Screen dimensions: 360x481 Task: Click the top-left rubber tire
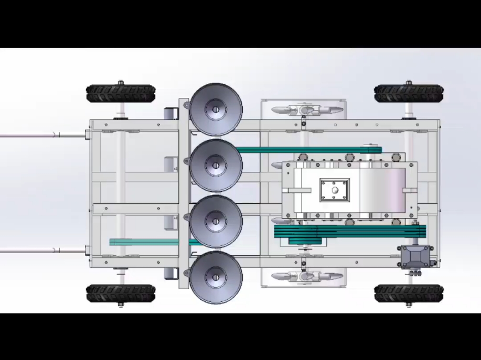(x=120, y=94)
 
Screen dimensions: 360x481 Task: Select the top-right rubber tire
(x=409, y=94)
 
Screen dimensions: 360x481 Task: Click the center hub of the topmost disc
(x=215, y=110)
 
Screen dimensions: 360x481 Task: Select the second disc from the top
(x=216, y=166)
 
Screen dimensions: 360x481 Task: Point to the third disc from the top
(x=216, y=222)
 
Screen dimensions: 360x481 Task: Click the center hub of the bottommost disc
(x=215, y=277)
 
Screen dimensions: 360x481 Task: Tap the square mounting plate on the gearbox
(x=335, y=190)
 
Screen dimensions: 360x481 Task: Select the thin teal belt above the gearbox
(x=309, y=150)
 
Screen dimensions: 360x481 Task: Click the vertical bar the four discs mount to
(x=183, y=194)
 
